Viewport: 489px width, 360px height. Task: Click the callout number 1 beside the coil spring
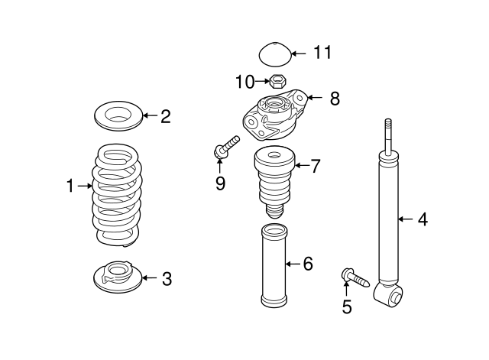[x=70, y=185]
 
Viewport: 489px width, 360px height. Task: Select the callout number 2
[x=165, y=116]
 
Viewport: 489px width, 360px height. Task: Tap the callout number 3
[x=166, y=279]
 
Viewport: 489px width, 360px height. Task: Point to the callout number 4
[x=422, y=220]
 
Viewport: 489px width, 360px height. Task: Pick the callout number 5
[x=347, y=307]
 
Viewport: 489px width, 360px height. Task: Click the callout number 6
[x=308, y=264]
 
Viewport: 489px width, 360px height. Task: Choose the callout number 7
[x=316, y=165]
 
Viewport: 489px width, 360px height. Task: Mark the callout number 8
[x=334, y=99]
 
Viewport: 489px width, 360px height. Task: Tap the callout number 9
[x=220, y=184]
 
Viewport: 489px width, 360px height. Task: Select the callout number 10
[x=244, y=80]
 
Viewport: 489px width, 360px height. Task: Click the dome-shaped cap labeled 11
[x=274, y=56]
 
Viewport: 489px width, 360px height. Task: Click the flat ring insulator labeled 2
[x=117, y=117]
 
